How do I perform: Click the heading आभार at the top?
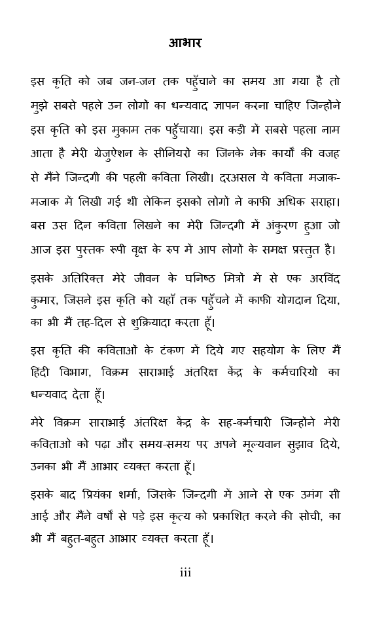(x=185, y=43)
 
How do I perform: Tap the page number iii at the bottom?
(x=185, y=573)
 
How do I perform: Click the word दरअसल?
(x=260, y=177)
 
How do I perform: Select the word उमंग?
(x=304, y=494)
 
